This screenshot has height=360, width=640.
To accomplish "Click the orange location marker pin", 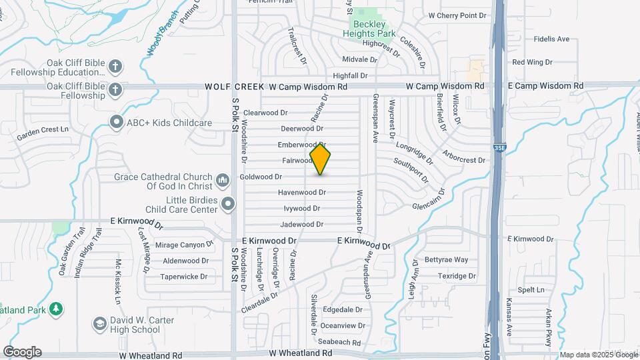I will click(x=321, y=159).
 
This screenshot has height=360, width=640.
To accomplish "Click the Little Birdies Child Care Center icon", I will click(x=228, y=204).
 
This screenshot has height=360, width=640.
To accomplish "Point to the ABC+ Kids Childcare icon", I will click(x=117, y=122).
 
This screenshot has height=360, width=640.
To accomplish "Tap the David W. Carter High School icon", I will click(x=99, y=325).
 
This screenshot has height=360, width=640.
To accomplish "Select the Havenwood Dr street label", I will click(x=302, y=193).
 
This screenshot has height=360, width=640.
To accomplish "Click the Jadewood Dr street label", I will click(x=302, y=225).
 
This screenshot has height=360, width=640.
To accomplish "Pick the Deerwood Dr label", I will click(x=302, y=129).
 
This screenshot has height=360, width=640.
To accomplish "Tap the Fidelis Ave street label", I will click(x=551, y=39).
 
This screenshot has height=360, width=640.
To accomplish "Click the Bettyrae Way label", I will click(x=447, y=260).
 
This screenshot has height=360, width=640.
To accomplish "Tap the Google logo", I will click(x=22, y=351).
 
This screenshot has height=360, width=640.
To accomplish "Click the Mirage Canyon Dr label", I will click(x=184, y=245).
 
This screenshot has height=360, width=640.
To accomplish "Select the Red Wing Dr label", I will click(x=532, y=62).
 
